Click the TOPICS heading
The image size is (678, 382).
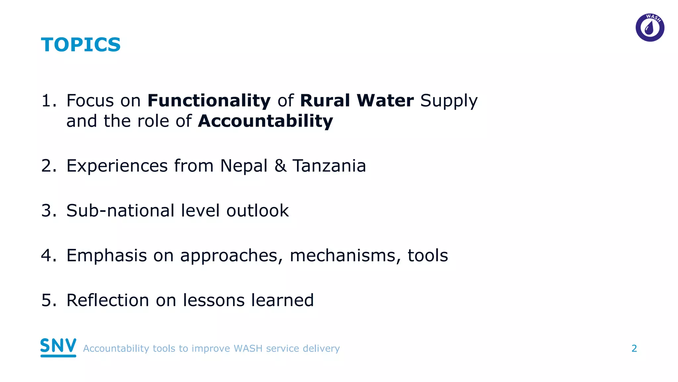pyautogui.click(x=81, y=45)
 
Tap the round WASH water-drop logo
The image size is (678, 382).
pyautogui.click(x=650, y=28)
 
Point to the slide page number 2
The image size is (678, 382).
pyautogui.click(x=634, y=348)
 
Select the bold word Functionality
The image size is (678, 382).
pyautogui.click(x=209, y=100)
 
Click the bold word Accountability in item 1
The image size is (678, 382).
pyautogui.click(x=266, y=121)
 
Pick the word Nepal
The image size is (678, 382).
pyautogui.click(x=244, y=165)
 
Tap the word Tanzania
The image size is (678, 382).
pyautogui.click(x=329, y=165)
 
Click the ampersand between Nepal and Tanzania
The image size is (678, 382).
pyautogui.click(x=280, y=165)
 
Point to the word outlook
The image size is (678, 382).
pyautogui.click(x=258, y=210)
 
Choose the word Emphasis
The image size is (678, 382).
pyautogui.click(x=107, y=255)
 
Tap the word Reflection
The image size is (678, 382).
pyautogui.click(x=108, y=300)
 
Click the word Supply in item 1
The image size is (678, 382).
pyautogui.click(x=449, y=101)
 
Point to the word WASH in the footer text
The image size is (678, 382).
pyautogui.click(x=248, y=349)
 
